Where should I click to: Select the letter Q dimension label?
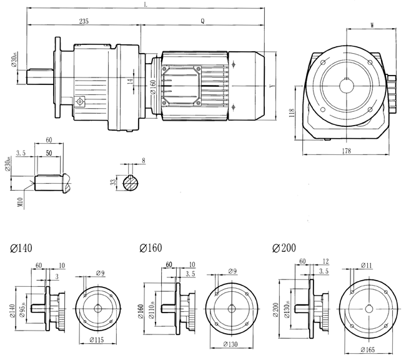(x=202, y=21)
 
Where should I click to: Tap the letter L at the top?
(x=145, y=4)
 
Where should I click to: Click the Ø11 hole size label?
(x=364, y=266)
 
